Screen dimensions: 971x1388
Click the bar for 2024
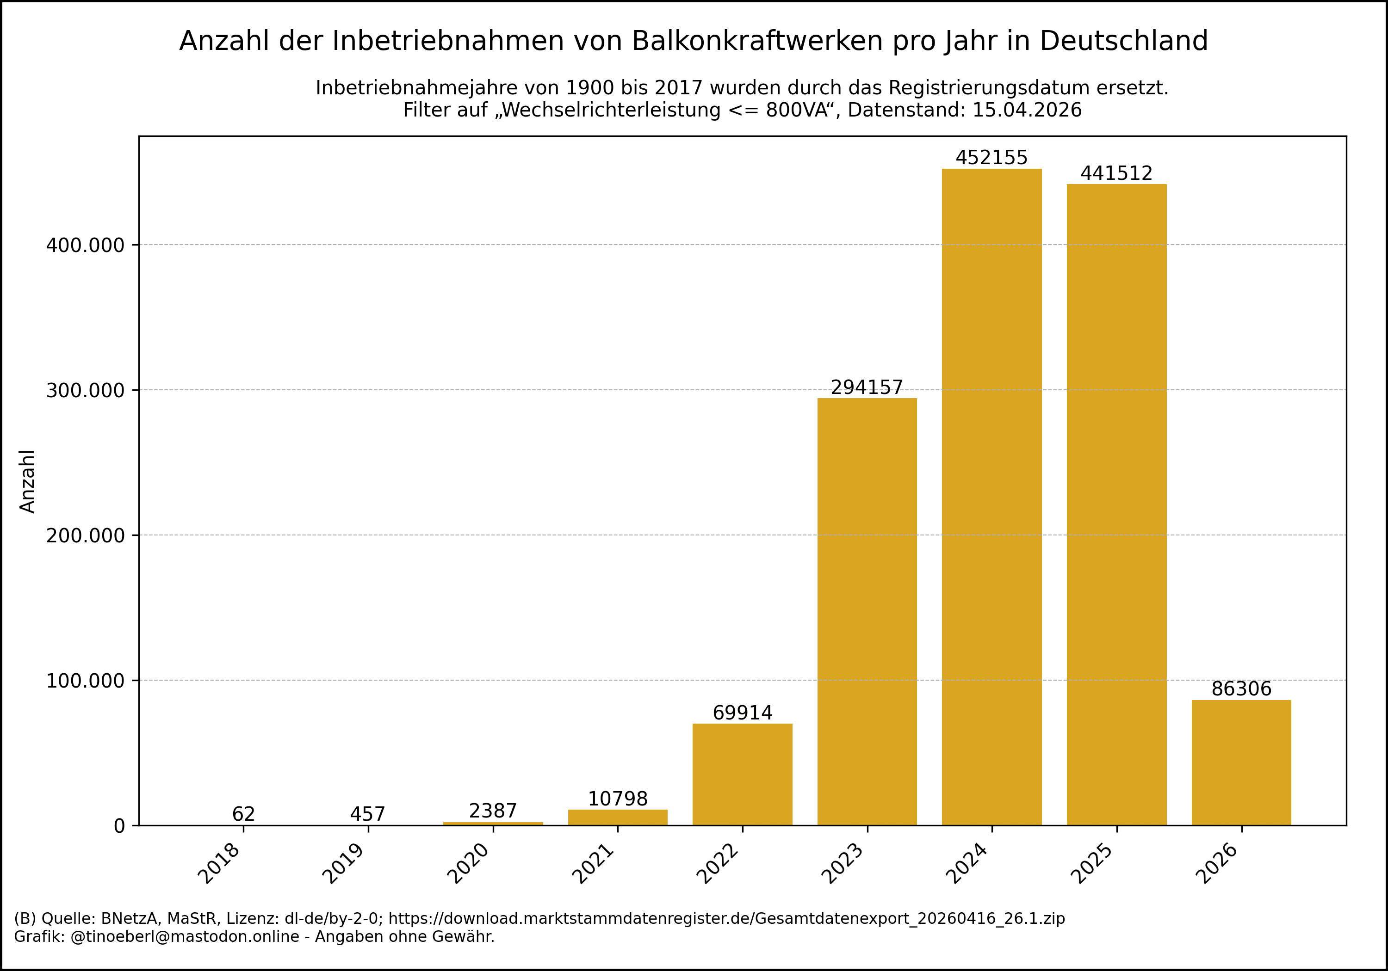[991, 496]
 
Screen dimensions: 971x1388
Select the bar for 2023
[867, 610]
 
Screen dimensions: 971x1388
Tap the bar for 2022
[743, 774]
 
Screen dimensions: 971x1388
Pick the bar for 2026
[1241, 762]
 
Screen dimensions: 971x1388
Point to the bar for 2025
[1116, 504]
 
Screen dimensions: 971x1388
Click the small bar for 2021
[618, 817]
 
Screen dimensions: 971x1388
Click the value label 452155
[991, 158]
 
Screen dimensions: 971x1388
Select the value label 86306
[1241, 689]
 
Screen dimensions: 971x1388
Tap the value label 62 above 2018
[244, 814]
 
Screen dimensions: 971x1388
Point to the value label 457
[367, 814]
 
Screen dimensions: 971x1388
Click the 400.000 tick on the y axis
[85, 246]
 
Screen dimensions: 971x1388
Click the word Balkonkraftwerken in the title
[757, 41]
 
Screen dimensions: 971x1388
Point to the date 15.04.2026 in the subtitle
[1027, 110]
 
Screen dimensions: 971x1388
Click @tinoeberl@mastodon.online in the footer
[185, 937]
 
